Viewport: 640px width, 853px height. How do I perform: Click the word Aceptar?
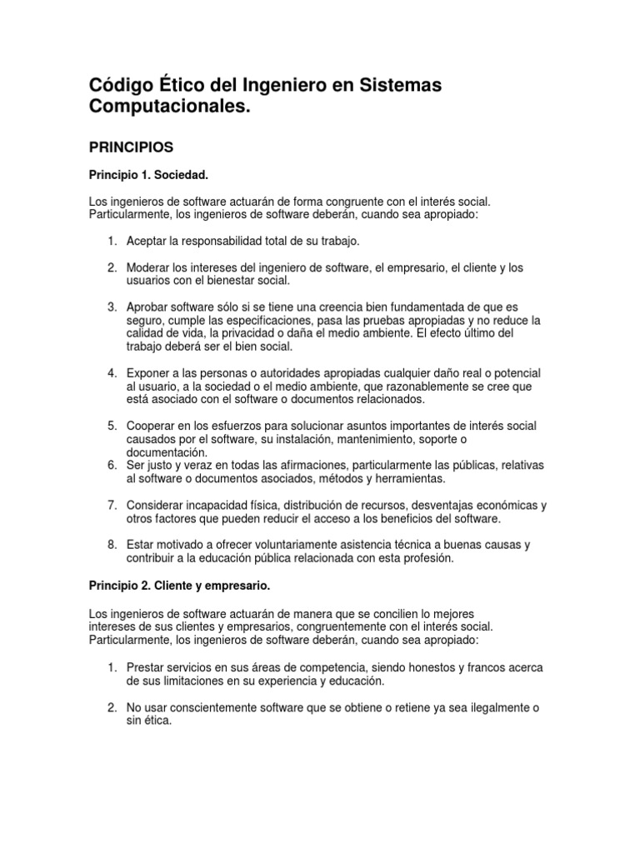pos(147,241)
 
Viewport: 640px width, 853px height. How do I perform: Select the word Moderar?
pos(149,267)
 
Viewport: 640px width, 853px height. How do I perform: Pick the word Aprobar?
pos(147,307)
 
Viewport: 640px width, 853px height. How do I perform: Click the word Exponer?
pos(149,372)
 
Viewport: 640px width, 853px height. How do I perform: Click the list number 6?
pos(112,465)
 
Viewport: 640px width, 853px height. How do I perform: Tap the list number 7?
pos(112,505)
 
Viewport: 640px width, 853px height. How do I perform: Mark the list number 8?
pos(112,545)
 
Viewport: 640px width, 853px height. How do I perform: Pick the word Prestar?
pos(146,667)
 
